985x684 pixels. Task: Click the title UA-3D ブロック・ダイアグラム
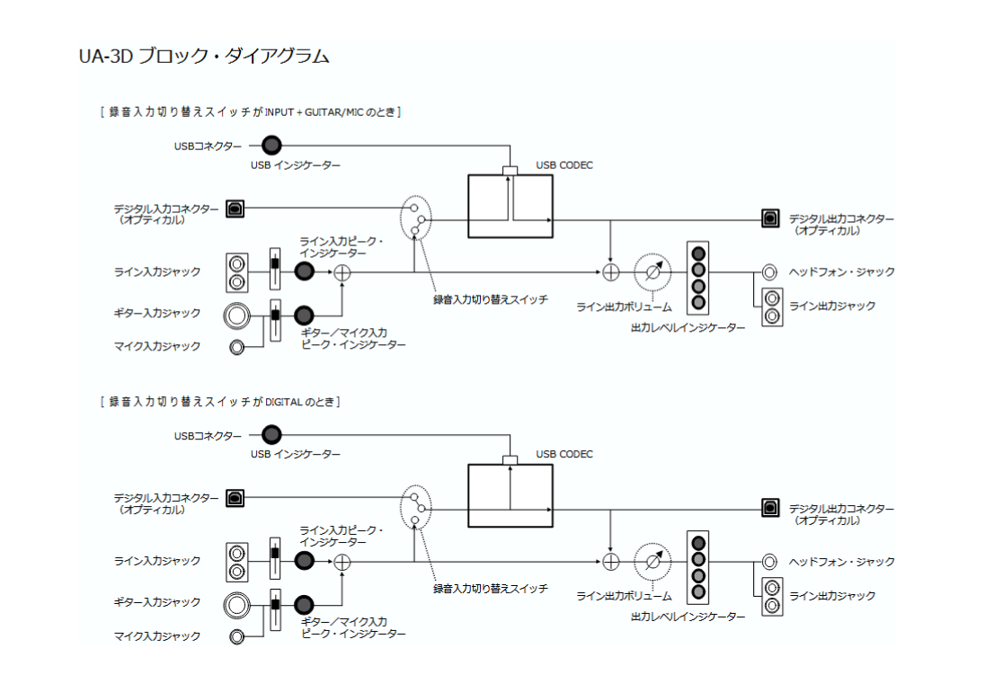204,57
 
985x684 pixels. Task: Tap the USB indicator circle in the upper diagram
271,145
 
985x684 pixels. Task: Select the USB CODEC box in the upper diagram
510,206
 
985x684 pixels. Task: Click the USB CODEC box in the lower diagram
510,495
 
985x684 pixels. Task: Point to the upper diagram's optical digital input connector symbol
235,208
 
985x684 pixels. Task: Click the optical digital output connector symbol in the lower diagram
770,508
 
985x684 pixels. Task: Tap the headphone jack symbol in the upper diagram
769,271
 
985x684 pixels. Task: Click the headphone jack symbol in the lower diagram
769,562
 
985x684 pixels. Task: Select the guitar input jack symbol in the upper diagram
237,314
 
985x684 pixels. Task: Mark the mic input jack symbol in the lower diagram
236,636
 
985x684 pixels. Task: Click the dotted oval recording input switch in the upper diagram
415,218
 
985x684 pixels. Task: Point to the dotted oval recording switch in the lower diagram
415,508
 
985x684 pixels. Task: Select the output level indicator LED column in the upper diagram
698,277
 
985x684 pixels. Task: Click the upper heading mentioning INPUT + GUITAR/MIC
251,112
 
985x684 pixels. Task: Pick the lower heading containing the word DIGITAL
220,401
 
